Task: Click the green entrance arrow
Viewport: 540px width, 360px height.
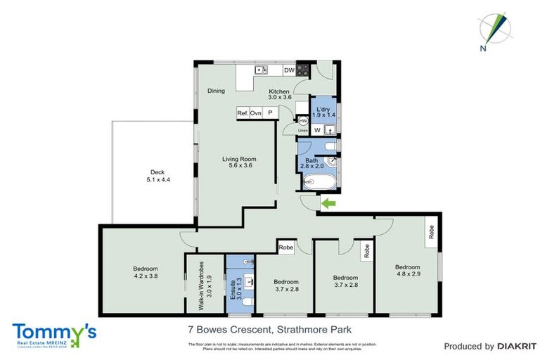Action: tap(327, 204)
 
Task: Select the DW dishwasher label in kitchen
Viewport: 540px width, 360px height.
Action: tap(288, 70)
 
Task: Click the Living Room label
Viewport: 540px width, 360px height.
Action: tap(237, 161)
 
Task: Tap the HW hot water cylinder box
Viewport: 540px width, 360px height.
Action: tap(293, 121)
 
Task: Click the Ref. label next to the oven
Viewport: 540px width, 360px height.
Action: tap(243, 113)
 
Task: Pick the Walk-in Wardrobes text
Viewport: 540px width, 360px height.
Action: tap(201, 285)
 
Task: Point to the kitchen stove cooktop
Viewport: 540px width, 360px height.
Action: tap(303, 70)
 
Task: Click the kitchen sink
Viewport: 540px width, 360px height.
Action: tap(260, 70)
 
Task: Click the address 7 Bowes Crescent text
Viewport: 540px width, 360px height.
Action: tap(269, 329)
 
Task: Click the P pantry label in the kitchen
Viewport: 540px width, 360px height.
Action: tap(269, 113)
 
